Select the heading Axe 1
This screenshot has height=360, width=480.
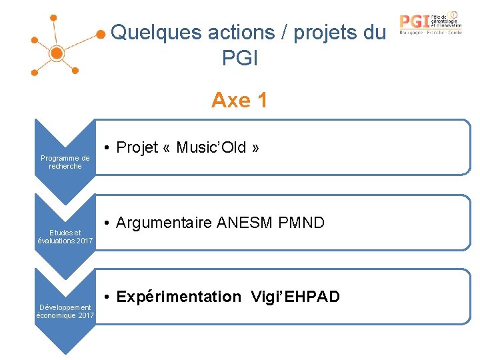coord(239,100)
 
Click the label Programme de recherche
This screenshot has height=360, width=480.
coord(65,162)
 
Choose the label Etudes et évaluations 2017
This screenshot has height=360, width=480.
coord(65,237)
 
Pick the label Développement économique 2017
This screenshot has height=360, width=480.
coord(65,311)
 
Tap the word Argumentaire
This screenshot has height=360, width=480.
coord(164,223)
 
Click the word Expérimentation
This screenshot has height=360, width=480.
coord(179,297)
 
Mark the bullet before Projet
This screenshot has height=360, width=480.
coord(108,148)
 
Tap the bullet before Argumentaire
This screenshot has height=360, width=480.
coord(108,223)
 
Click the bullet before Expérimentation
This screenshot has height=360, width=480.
coord(108,297)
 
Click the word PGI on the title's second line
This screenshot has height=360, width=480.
coord(240,59)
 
